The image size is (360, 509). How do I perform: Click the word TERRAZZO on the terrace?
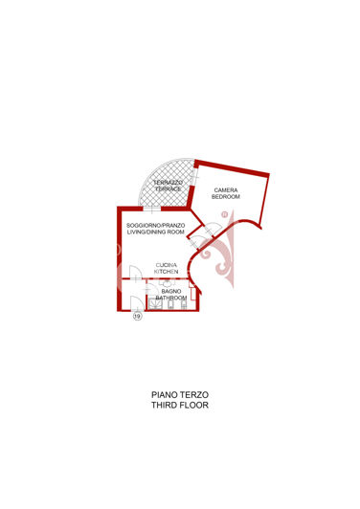168,183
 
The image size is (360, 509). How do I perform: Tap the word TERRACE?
168,188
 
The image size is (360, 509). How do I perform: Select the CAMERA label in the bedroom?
226,189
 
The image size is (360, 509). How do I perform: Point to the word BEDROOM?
226,197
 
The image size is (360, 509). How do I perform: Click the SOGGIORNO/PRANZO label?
156,225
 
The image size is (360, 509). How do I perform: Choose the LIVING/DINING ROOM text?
156,232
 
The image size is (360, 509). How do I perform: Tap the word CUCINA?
167,265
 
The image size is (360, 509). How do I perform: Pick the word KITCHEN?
167,272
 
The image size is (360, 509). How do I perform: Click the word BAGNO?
171,292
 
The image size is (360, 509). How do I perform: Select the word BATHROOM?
171,298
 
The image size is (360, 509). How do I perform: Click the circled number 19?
138,316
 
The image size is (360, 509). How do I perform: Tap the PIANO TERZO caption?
180,395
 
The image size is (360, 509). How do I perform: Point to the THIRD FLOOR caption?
180,405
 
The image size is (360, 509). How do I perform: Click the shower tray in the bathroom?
156,304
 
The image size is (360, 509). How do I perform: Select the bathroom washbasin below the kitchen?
167,282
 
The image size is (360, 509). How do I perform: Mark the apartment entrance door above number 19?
137,303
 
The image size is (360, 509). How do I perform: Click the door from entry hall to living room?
136,272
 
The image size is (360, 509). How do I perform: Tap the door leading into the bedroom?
213,229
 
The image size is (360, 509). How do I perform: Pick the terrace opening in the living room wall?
152,209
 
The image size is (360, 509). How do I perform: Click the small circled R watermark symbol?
224,214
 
